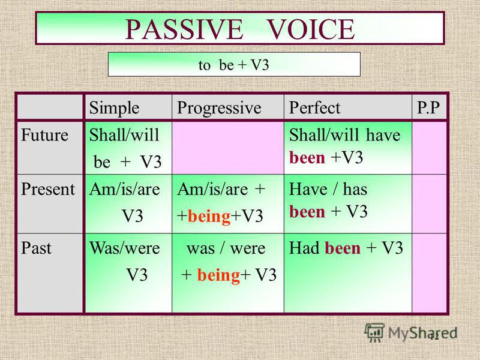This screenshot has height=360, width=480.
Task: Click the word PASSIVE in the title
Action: tap(184, 29)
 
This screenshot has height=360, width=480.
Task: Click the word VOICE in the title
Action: tap(311, 29)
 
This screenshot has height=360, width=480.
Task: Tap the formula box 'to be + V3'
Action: tap(234, 64)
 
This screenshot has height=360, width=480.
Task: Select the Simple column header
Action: tap(114, 108)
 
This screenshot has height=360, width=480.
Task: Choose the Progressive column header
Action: tap(219, 108)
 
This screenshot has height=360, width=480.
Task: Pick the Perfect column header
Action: tap(314, 108)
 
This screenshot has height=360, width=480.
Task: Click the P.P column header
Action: tap(428, 108)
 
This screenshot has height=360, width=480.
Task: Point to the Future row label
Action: tap(44, 135)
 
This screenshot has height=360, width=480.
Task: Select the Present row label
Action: tap(48, 189)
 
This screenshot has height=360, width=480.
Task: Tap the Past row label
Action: tap(36, 248)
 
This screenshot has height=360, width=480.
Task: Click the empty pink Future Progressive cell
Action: tap(228, 148)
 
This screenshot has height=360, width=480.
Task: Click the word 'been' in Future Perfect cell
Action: tap(307, 158)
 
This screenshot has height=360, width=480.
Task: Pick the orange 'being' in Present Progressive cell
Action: tap(209, 217)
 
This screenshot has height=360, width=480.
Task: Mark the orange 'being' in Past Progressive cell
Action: tap(218, 275)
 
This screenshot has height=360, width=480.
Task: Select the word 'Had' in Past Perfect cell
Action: tap(304, 248)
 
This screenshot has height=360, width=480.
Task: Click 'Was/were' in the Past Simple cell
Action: tap(125, 248)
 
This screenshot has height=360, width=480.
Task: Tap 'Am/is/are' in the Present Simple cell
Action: tap(125, 189)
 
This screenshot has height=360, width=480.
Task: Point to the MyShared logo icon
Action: tap(374, 332)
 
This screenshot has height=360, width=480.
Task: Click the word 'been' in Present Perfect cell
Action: tap(307, 212)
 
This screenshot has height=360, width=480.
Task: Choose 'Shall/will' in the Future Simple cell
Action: tap(124, 135)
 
